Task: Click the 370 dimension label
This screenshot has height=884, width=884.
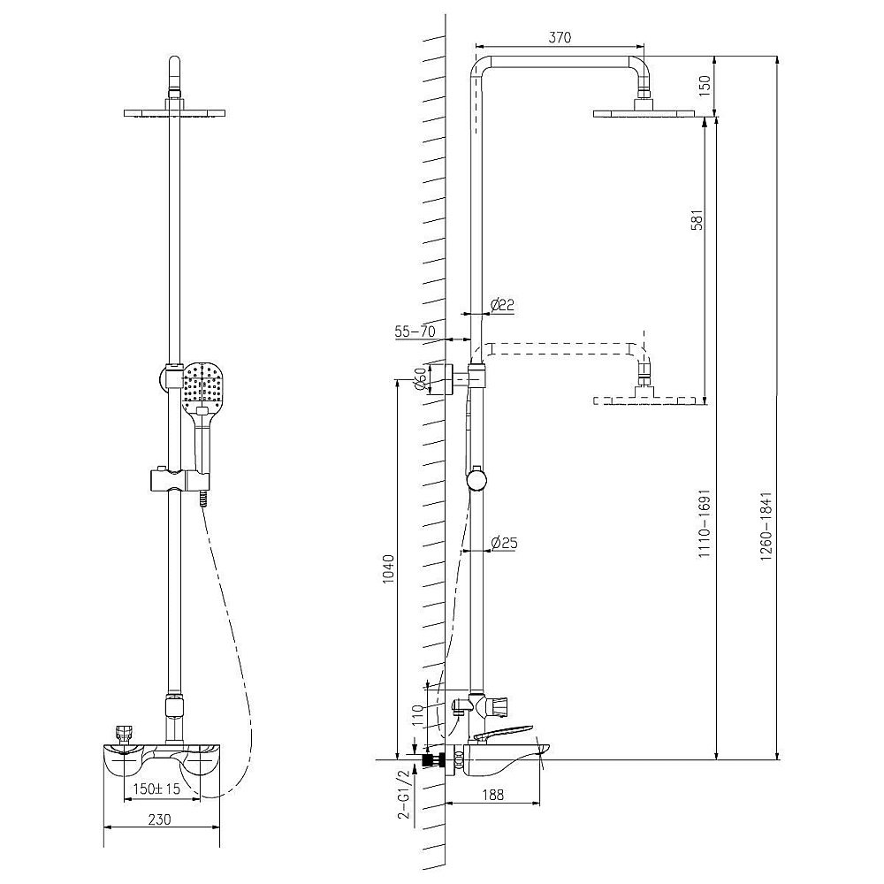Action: pyautogui.click(x=560, y=37)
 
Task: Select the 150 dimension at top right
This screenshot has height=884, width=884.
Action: pyautogui.click(x=705, y=86)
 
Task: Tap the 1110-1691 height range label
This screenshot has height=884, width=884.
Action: pyautogui.click(x=705, y=523)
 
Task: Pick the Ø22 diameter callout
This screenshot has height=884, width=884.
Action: pyautogui.click(x=502, y=305)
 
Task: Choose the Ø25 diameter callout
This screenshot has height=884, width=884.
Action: pyautogui.click(x=504, y=543)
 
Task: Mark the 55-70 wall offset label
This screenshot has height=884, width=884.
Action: pyautogui.click(x=415, y=331)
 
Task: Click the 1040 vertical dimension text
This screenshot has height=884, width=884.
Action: pyautogui.click(x=388, y=569)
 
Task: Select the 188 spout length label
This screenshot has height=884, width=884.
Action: pyautogui.click(x=493, y=795)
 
